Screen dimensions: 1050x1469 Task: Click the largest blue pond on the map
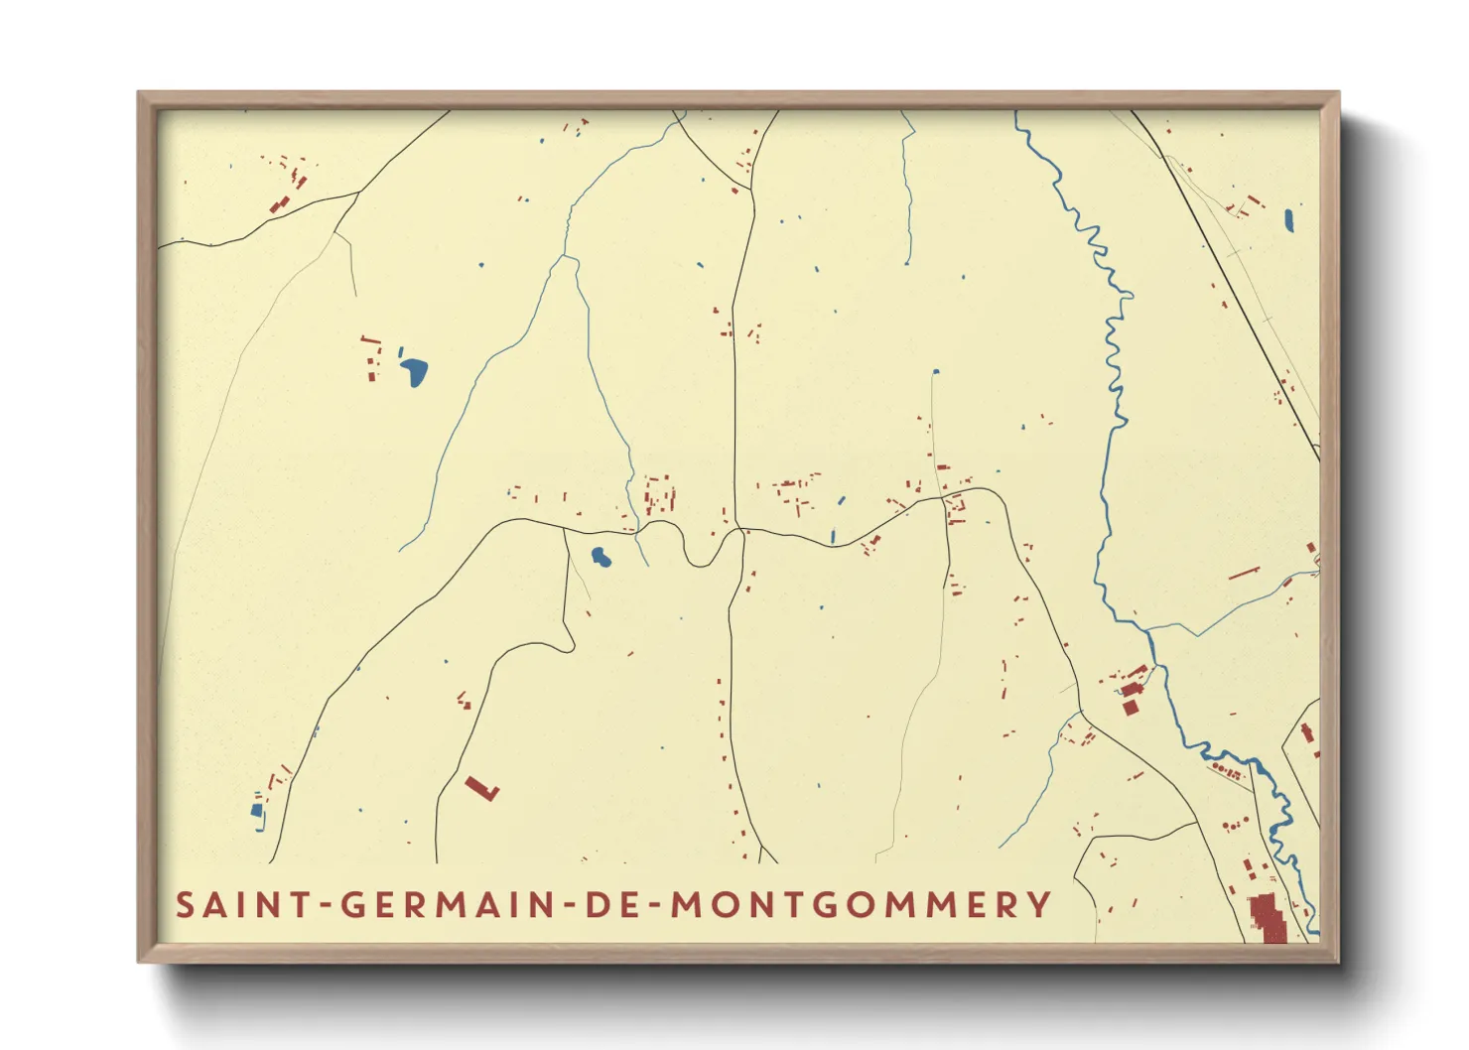pos(414,372)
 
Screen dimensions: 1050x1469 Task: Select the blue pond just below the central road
pos(601,557)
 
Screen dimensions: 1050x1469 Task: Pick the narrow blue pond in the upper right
pos(1288,220)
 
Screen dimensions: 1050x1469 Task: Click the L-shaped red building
pos(482,788)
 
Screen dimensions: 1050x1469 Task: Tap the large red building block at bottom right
pos(1267,918)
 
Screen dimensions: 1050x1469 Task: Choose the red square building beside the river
pos(1130,707)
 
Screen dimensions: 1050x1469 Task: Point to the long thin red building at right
pos(1244,574)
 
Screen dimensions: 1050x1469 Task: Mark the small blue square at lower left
pos(257,810)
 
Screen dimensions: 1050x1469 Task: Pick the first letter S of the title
pos(185,905)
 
